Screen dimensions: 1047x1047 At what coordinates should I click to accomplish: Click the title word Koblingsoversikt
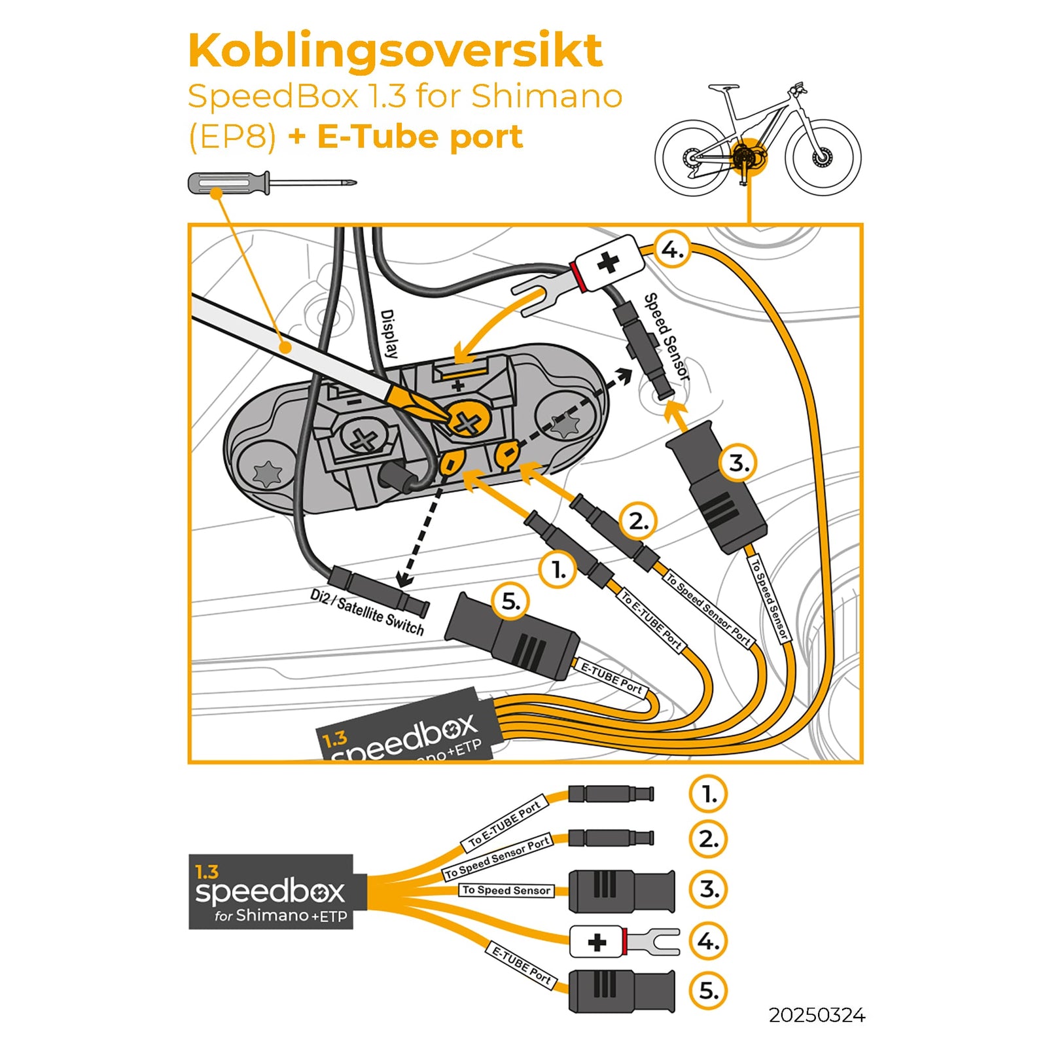[x=395, y=51]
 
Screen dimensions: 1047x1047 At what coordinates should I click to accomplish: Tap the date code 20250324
[x=816, y=1015]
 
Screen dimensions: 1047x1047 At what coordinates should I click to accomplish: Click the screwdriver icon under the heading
[x=271, y=183]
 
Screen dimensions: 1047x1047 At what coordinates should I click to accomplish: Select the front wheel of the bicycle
[x=823, y=157]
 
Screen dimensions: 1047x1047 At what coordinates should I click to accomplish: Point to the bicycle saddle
[x=722, y=87]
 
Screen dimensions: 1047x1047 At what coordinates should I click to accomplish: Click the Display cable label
[x=389, y=334]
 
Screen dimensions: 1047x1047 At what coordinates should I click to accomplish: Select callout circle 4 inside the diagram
[x=672, y=249]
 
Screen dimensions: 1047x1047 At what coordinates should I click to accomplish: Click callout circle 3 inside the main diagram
[x=738, y=463]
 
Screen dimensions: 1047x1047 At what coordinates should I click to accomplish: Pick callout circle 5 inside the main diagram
[x=510, y=601]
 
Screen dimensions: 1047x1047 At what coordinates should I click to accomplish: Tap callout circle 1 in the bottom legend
[x=708, y=794]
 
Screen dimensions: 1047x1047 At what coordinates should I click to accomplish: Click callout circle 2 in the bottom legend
[x=708, y=839]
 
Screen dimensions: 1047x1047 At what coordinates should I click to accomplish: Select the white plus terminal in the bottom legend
[x=596, y=942]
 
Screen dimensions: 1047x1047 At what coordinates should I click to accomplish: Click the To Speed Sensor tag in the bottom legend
[x=506, y=890]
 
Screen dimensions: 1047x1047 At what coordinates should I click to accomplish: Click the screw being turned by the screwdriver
[x=466, y=423]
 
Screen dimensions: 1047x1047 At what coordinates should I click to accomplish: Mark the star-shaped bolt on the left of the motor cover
[x=267, y=472]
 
